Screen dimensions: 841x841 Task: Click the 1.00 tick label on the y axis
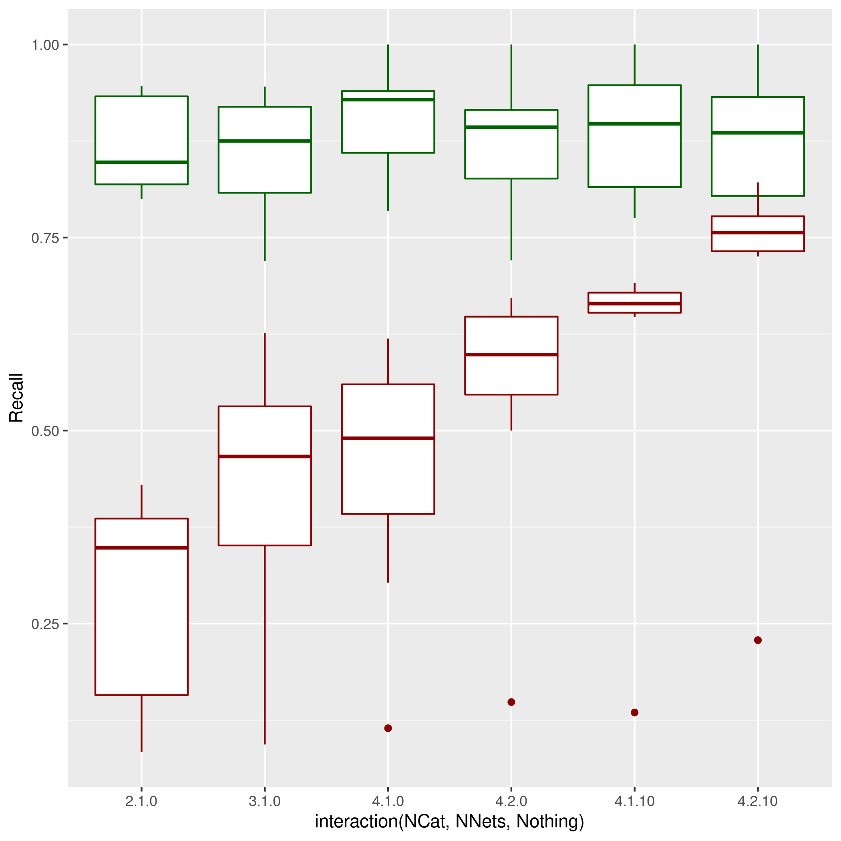tap(45, 45)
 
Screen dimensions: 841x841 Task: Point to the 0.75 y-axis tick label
tap(45, 238)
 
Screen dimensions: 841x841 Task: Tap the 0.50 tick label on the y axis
tap(45, 431)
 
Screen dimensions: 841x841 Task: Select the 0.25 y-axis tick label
tap(45, 624)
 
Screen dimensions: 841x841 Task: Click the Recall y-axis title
tap(16, 397)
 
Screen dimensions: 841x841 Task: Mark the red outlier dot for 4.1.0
tap(388, 728)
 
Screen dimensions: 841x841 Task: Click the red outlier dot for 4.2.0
tap(511, 702)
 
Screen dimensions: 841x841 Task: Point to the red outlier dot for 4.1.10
tap(634, 712)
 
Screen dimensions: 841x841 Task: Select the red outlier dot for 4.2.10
tap(757, 640)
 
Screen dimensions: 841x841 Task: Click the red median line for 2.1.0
tap(141, 547)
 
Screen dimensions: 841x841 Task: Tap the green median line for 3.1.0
tap(265, 141)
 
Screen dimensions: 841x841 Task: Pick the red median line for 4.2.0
tap(511, 355)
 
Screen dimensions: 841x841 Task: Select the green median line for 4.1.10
tap(634, 124)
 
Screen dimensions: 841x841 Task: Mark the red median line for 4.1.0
tap(388, 439)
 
